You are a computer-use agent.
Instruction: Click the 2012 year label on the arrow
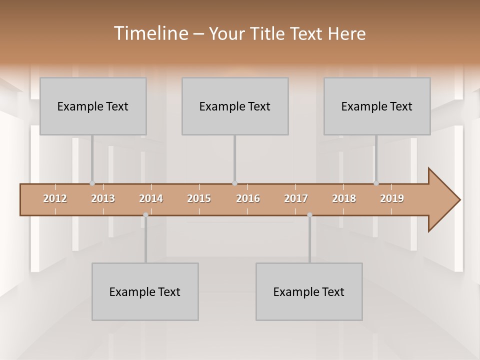(x=55, y=199)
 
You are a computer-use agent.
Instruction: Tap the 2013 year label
(x=103, y=199)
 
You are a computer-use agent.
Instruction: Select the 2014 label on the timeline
(x=151, y=199)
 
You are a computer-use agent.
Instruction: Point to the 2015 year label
(x=199, y=199)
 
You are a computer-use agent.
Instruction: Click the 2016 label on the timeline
(x=248, y=199)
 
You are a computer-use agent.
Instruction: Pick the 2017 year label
(x=296, y=199)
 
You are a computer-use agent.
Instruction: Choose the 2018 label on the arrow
(x=344, y=199)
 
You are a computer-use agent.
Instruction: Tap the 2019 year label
(x=392, y=199)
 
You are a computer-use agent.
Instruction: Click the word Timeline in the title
(x=150, y=33)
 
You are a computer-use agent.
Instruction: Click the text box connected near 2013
(x=93, y=106)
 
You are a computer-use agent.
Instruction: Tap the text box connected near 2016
(x=235, y=106)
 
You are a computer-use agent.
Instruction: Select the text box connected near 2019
(x=377, y=106)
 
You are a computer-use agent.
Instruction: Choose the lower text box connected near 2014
(x=145, y=291)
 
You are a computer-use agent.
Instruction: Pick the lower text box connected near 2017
(x=309, y=291)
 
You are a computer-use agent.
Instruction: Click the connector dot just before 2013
(x=92, y=183)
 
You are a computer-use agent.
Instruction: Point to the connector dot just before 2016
(x=234, y=183)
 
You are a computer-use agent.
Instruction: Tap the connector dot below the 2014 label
(x=145, y=215)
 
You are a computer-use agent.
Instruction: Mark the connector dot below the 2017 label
(x=309, y=215)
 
